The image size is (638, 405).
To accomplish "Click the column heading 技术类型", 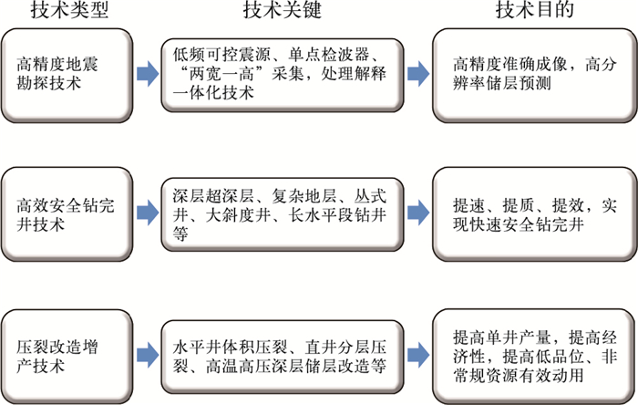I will click(64, 11).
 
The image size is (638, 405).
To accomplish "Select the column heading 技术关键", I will click(282, 11).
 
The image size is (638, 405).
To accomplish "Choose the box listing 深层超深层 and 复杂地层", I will click(282, 213).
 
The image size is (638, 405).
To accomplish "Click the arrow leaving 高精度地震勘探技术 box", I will click(145, 73).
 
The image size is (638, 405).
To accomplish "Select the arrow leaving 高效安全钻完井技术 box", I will click(145, 213).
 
